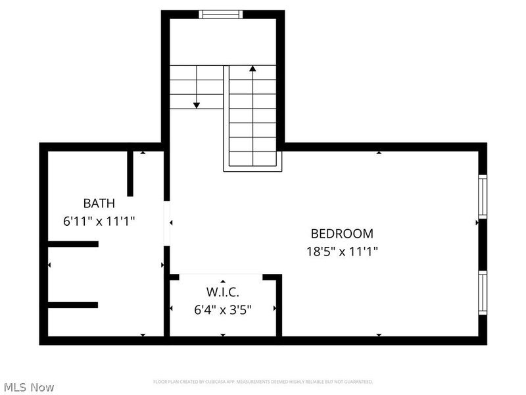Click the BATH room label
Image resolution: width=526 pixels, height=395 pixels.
tap(99, 203)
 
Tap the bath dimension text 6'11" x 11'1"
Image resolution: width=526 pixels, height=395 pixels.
tap(99, 221)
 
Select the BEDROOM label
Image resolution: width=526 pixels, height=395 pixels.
tap(342, 234)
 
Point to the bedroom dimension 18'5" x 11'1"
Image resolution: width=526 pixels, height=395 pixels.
tap(342, 251)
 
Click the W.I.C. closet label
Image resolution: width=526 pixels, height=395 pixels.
tap(223, 292)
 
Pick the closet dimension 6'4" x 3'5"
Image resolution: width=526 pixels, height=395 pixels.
tap(223, 308)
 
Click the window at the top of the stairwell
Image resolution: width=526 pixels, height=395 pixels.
tap(222, 14)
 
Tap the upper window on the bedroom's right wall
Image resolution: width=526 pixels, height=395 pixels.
tap(483, 196)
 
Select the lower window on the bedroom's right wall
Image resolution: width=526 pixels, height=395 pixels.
tap(483, 292)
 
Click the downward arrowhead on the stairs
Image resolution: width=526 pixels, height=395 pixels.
tap(196, 104)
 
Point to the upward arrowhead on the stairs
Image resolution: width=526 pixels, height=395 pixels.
tap(252, 68)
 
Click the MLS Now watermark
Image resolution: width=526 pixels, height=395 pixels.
tap(28, 387)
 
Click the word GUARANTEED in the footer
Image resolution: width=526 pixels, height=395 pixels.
tap(359, 382)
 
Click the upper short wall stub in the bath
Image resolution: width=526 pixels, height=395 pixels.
tap(73, 244)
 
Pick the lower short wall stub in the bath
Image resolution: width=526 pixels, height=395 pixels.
tap(73, 305)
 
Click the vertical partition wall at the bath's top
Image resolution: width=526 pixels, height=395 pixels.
tap(130, 173)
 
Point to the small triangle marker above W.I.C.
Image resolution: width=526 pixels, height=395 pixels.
tap(223, 281)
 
